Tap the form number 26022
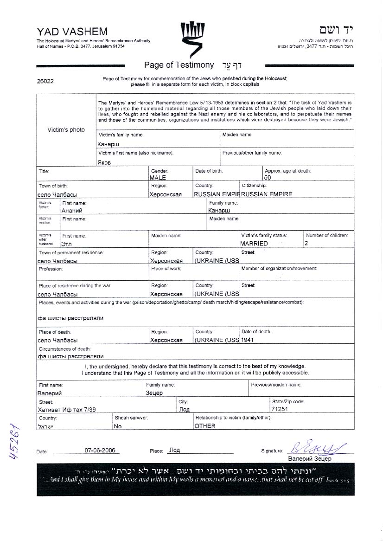pos(45,81)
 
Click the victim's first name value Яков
pos(104,162)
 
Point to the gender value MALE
pos(158,178)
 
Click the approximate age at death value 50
pos(268,178)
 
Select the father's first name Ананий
pos(72,211)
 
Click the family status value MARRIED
pos(254,243)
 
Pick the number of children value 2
pos(306,243)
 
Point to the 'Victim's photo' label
pos(66,130)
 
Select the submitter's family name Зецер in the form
pos(154,393)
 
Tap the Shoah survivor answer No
pos(118,426)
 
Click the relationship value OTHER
pos(205,426)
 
